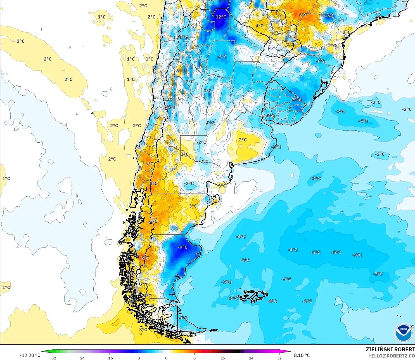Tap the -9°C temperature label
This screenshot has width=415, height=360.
(x=182, y=247)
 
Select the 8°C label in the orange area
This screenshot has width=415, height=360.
(x=144, y=258)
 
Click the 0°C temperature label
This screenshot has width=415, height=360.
(x=207, y=91)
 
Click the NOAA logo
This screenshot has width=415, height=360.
(x=403, y=333)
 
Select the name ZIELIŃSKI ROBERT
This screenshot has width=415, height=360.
(x=390, y=349)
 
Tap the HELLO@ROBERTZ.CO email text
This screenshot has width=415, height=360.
(x=391, y=356)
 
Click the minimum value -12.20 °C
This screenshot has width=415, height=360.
(x=30, y=355)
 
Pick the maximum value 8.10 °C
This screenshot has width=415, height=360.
(x=302, y=355)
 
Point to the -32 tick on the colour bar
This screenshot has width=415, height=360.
(x=53, y=358)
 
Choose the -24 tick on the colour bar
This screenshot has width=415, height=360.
(x=81, y=358)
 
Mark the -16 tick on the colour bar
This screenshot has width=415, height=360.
(x=110, y=358)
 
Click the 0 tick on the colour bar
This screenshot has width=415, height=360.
(x=166, y=358)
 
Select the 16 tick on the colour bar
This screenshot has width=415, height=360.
(x=223, y=358)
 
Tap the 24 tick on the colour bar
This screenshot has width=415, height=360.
(x=251, y=358)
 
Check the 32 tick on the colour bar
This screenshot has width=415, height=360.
(x=279, y=358)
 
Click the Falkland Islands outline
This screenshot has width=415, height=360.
(x=253, y=297)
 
